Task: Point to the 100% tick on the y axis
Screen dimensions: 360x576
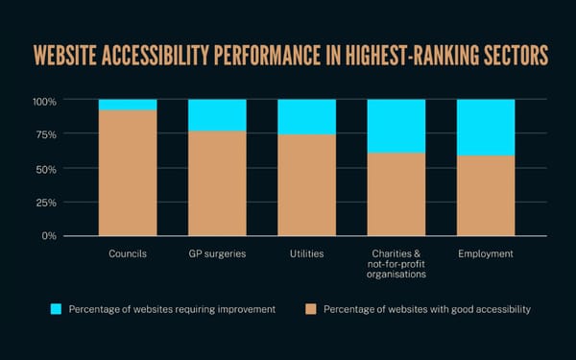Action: tap(45, 101)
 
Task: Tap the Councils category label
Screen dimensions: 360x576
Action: tap(128, 254)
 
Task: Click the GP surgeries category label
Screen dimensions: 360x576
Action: tap(217, 254)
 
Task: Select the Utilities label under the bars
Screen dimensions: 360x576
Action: tap(306, 254)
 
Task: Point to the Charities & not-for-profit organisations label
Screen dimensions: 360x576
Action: tap(396, 264)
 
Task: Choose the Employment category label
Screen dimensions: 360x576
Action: tap(486, 254)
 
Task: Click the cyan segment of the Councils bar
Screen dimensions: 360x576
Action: tap(128, 105)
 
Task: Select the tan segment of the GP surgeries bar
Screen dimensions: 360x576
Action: tap(217, 182)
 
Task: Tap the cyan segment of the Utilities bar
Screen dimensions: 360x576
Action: tap(306, 116)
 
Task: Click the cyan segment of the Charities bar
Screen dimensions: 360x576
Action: tap(396, 126)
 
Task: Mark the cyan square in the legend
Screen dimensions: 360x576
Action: tap(55, 309)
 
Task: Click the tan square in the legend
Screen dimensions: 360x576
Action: tap(311, 309)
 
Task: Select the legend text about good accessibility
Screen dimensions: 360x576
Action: tap(427, 309)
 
